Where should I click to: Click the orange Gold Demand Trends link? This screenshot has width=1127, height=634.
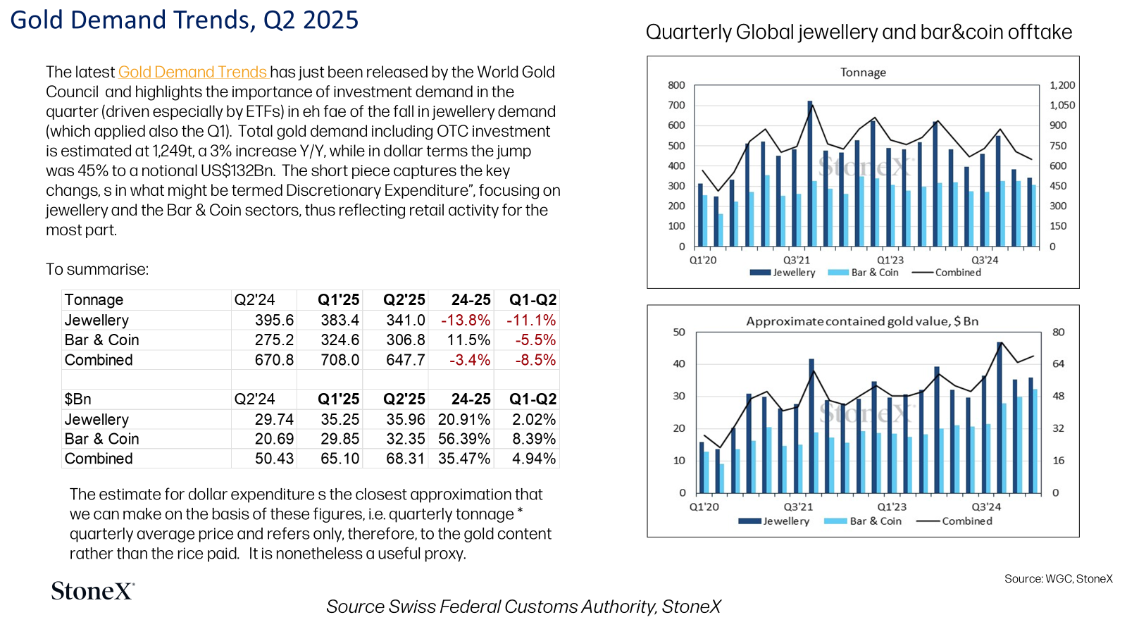(x=193, y=72)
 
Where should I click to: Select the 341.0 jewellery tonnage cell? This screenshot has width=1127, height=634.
(x=406, y=320)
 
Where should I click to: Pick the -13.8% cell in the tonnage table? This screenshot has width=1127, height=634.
(x=466, y=320)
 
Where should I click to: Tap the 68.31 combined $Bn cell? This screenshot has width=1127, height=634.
(x=406, y=459)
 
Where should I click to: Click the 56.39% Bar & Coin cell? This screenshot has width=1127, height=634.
(x=464, y=439)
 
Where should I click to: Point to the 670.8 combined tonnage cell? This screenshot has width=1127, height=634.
(x=274, y=360)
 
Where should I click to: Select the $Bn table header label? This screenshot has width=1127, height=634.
(x=77, y=399)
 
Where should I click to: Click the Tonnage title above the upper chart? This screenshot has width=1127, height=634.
(x=863, y=73)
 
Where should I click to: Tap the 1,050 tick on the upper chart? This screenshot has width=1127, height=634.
(x=1062, y=105)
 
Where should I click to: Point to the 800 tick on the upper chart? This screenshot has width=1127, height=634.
(x=676, y=85)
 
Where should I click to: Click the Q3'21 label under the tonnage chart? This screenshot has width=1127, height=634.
(x=797, y=260)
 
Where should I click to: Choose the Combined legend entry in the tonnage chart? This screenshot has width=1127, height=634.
(x=947, y=272)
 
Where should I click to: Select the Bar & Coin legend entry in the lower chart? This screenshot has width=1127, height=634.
(x=863, y=521)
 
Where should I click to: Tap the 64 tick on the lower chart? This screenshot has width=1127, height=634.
(x=1059, y=363)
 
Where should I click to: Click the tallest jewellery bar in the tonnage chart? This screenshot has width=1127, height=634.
(x=810, y=173)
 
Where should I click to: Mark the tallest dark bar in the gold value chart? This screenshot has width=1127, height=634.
(x=1000, y=418)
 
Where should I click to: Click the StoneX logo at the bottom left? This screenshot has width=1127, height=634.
(x=93, y=591)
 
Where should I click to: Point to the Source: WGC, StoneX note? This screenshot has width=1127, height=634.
(x=1059, y=578)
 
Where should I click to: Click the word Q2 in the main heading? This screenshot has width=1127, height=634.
(x=279, y=21)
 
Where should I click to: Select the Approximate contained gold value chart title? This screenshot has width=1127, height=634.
(x=862, y=321)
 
